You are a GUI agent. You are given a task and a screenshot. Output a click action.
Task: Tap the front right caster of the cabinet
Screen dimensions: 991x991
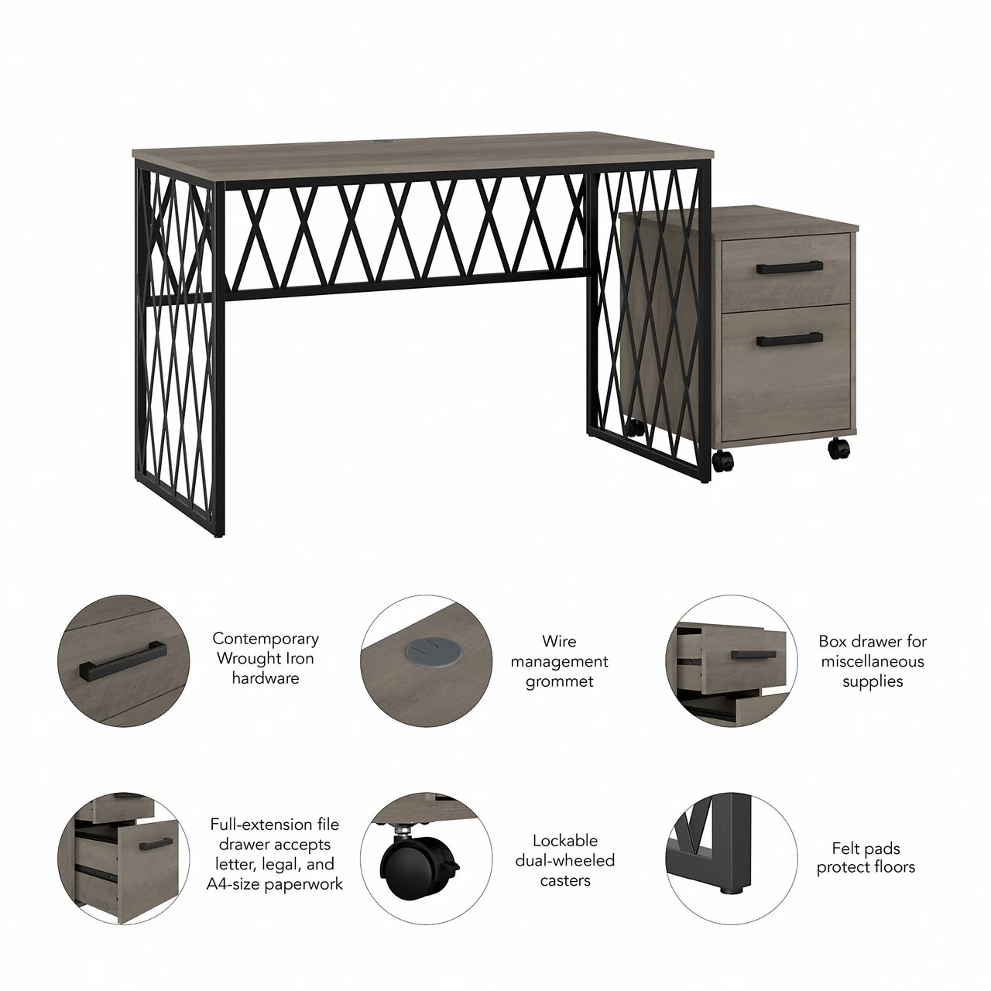pos(838,448)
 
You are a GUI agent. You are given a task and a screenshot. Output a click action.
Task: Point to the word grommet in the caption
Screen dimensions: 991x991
pos(559,681)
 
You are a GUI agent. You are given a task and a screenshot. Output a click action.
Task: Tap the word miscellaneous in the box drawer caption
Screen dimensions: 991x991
pos(873,661)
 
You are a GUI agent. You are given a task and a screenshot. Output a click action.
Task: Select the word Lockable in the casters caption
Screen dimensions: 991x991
pos(565,840)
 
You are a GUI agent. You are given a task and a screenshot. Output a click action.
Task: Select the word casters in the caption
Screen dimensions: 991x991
pos(565,880)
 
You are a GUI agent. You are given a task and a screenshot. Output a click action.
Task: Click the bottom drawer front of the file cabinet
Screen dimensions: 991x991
pos(787,369)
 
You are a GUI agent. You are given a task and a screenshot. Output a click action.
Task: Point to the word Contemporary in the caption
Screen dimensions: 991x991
pos(266,639)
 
